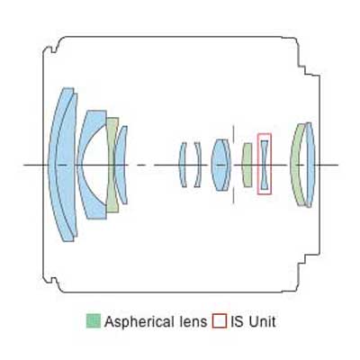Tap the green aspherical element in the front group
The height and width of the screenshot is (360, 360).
pos(112,165)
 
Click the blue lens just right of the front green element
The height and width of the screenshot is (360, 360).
pos(121,165)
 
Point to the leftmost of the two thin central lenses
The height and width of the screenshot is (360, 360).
pos(181,165)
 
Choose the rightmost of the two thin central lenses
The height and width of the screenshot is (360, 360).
pos(199,165)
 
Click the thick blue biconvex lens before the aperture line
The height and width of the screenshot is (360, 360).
pos(220,165)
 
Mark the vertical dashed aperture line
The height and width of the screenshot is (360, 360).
pos(234,165)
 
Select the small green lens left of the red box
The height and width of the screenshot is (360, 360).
pos(247,165)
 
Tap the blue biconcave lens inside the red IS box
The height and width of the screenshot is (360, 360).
pos(265,165)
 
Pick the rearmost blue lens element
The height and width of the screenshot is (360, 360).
pos(310,165)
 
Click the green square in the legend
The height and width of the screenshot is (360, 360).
pos(94,320)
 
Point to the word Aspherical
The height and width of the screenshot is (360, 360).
pos(139,322)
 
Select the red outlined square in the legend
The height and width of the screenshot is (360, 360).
pos(219,320)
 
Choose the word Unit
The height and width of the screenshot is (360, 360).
pos(262,321)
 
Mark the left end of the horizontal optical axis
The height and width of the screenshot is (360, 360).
pos(24,165)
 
